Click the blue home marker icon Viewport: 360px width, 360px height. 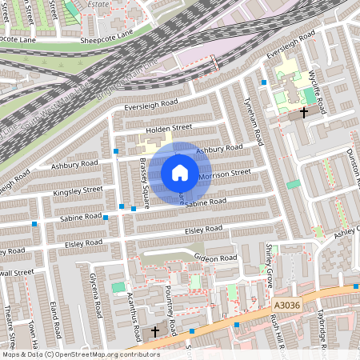tap(180, 173)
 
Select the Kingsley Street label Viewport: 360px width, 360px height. tap(78, 190)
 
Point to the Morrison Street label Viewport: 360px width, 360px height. tap(224, 174)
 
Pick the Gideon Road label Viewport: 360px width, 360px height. tap(216, 258)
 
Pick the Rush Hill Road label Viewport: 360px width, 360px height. tap(277, 331)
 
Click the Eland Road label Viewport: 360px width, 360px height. tap(55, 318)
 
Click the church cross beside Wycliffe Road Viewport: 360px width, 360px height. tap(305, 112)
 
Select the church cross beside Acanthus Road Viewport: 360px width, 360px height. tap(154, 330)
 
